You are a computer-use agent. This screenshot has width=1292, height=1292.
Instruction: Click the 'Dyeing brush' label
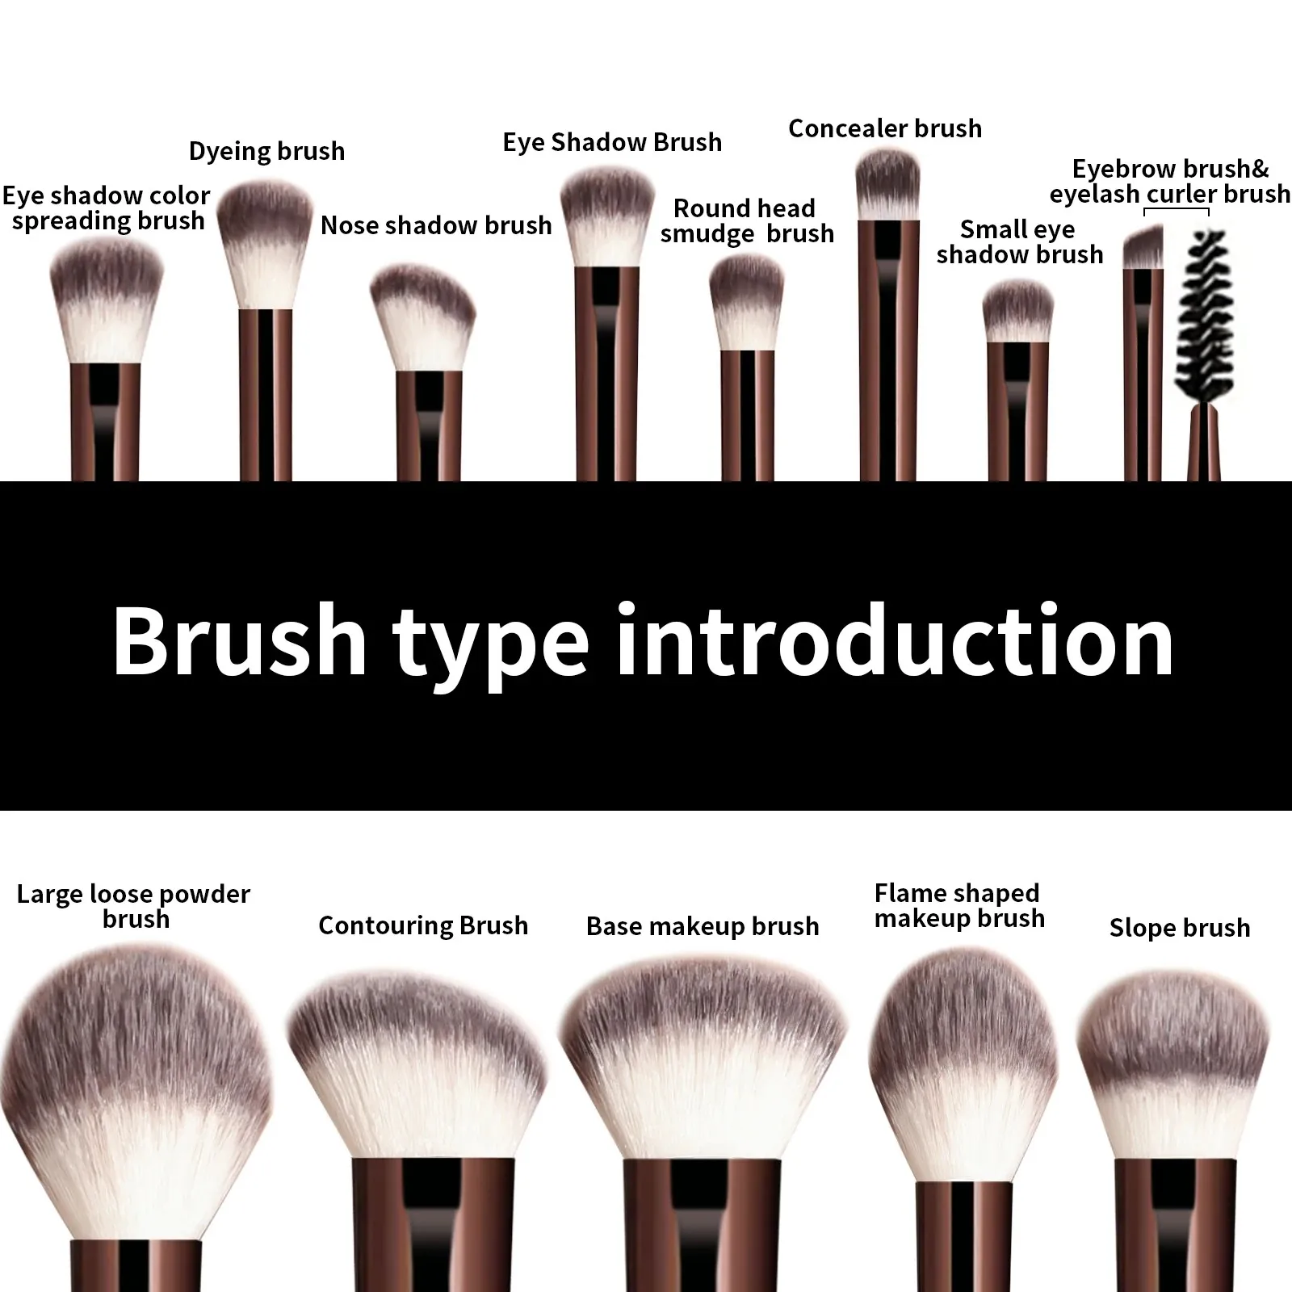[266, 152]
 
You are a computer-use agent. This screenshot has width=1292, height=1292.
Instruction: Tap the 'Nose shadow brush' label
[436, 225]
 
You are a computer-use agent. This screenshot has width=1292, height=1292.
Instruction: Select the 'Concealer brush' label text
[885, 128]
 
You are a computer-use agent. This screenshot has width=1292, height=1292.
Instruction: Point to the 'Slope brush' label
[1179, 928]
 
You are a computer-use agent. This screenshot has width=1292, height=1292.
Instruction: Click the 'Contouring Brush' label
[423, 925]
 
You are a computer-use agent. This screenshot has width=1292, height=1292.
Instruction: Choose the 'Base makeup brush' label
[703, 926]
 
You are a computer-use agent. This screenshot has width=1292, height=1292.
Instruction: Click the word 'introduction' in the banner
[895, 643]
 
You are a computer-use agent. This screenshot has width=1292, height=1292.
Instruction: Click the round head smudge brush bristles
[747, 303]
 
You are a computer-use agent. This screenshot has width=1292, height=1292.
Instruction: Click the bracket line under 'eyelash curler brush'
[1177, 211]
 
